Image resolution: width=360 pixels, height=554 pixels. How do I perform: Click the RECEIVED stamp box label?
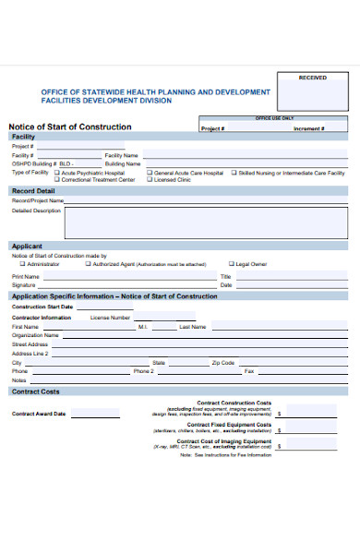(x=313, y=78)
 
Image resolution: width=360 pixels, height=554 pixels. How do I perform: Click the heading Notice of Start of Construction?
(x=70, y=126)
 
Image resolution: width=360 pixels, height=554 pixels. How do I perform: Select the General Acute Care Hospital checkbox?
(x=150, y=173)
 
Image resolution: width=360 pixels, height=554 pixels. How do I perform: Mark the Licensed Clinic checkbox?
(x=150, y=180)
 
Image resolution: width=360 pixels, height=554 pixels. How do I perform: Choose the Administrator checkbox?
(x=22, y=263)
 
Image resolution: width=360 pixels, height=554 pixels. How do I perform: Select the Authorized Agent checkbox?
(x=88, y=263)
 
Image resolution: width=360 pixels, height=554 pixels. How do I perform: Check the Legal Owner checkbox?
(x=231, y=263)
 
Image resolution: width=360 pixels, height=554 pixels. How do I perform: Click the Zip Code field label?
(x=223, y=362)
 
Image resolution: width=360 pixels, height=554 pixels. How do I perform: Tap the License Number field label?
(x=110, y=317)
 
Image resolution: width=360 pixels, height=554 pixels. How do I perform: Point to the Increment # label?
(x=308, y=129)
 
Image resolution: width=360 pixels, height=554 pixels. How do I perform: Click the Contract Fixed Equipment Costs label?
(x=229, y=424)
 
